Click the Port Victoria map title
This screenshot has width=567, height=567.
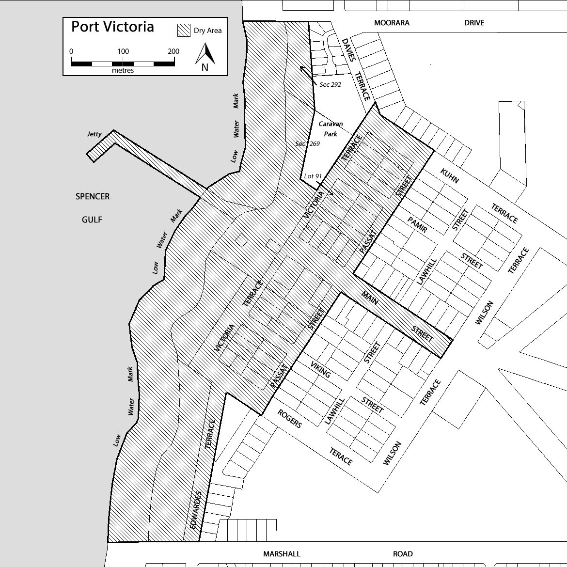(x=112, y=27)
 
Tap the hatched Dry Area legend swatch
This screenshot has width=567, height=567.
(x=184, y=31)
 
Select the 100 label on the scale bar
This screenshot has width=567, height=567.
(x=123, y=51)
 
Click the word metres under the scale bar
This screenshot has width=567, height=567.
(x=123, y=70)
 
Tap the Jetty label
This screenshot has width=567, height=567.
(x=94, y=134)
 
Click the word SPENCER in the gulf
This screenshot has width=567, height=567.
(x=92, y=196)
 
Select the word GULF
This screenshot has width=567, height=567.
(x=92, y=220)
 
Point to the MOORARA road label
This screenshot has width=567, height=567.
(x=392, y=23)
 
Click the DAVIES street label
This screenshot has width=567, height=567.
(x=348, y=49)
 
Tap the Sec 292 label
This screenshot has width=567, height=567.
(x=330, y=85)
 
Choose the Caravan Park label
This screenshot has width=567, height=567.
(x=331, y=129)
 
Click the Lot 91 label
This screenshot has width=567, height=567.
(x=313, y=176)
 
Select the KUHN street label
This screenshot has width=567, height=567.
(x=449, y=176)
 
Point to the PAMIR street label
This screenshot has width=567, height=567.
(x=417, y=224)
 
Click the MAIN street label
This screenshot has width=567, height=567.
(x=370, y=298)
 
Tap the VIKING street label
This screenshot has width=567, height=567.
(x=320, y=369)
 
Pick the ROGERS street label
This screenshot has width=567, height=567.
(x=289, y=418)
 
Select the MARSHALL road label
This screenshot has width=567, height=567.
(x=282, y=553)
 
